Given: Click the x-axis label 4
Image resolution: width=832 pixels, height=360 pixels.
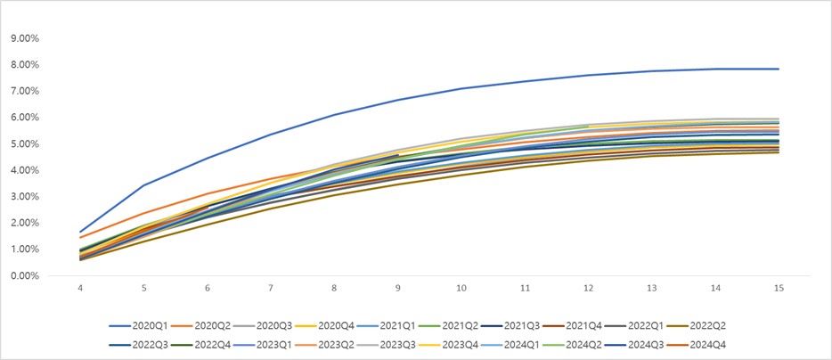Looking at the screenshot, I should pos(81,290).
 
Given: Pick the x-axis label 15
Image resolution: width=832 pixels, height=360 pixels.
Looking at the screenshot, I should pos(779,290).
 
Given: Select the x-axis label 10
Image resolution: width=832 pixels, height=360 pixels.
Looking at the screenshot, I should pos(461,290).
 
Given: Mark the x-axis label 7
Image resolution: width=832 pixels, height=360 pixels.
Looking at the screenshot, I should pos(272,290).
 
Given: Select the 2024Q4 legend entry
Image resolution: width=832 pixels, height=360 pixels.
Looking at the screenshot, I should pos(718,344).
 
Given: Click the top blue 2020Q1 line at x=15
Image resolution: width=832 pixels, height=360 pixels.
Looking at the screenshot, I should pos(779,69).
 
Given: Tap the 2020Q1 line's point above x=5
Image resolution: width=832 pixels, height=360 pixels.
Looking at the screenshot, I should pos(144,185).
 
